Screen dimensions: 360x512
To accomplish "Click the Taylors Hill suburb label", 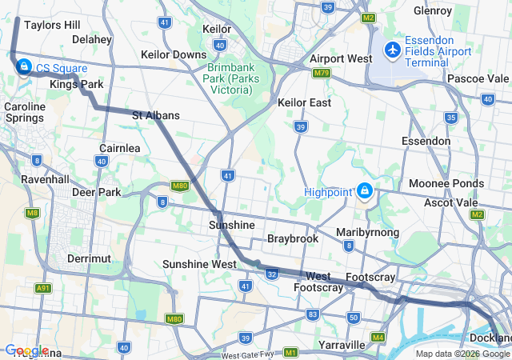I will click(x=52, y=25).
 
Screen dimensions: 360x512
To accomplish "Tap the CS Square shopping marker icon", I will click(x=24, y=66).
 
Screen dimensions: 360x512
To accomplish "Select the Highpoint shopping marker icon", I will click(x=365, y=191).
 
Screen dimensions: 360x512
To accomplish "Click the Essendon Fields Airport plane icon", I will click(x=392, y=50).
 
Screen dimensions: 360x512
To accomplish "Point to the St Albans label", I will click(x=155, y=116).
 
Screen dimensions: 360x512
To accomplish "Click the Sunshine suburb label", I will click(x=232, y=225).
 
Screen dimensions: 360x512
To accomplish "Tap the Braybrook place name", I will click(x=293, y=238).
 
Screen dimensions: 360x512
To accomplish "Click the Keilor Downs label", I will click(x=174, y=54).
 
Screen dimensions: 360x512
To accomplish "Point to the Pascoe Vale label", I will click(x=478, y=78).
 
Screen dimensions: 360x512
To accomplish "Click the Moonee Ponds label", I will click(x=446, y=183).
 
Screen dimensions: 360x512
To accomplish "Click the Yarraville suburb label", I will click(x=342, y=345).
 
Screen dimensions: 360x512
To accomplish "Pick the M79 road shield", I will click(x=322, y=73).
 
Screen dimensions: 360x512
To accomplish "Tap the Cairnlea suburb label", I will click(x=120, y=148).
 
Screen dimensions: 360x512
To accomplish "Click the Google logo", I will click(x=27, y=350).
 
